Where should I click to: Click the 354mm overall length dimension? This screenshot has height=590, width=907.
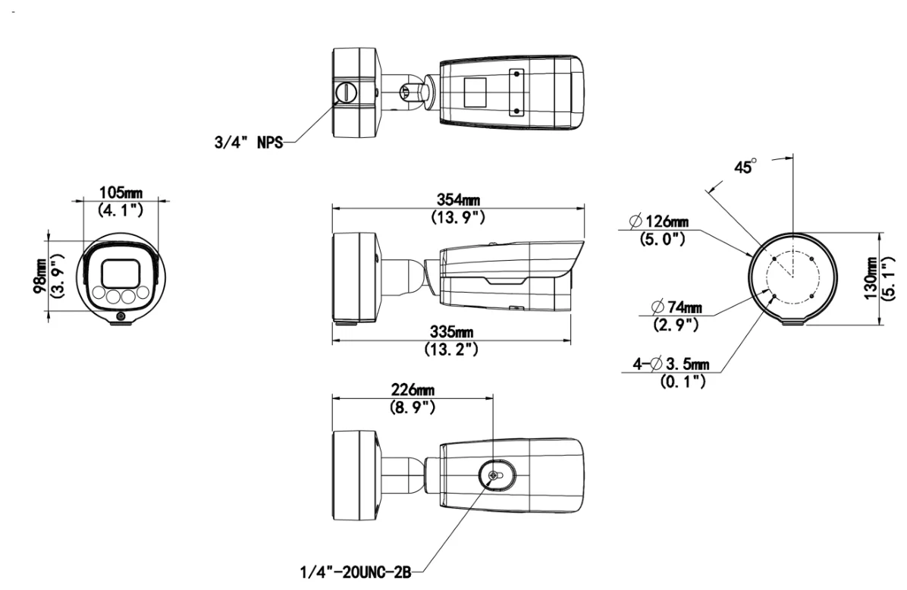458,199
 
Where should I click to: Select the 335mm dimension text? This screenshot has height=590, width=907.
452,332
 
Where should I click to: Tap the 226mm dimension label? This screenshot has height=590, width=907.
413,389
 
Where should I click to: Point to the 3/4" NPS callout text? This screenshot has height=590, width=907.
249,143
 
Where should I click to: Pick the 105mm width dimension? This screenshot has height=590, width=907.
121,192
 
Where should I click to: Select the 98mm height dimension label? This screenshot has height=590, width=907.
40,276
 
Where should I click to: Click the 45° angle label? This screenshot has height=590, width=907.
745,167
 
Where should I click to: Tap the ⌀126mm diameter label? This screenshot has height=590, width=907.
658,221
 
